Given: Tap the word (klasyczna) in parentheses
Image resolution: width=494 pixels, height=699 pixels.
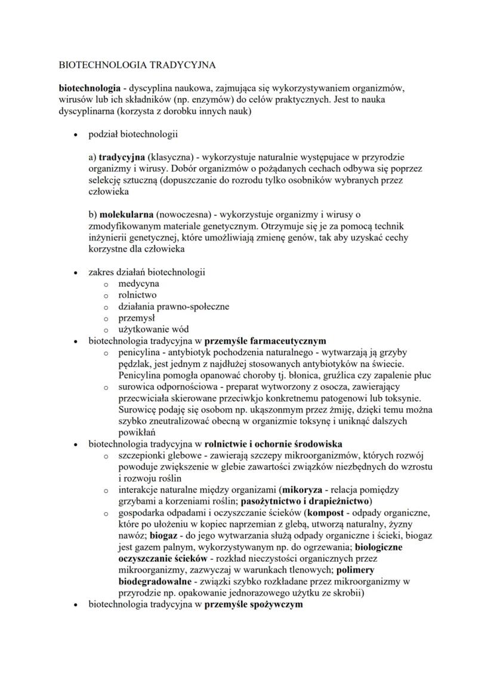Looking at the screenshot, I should point(172,158).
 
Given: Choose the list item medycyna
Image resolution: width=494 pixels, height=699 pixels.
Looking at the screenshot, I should point(138,284).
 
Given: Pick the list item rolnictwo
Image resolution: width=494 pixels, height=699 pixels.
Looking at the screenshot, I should point(137,295).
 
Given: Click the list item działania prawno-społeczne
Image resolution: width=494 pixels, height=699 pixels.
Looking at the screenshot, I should point(174,306).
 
